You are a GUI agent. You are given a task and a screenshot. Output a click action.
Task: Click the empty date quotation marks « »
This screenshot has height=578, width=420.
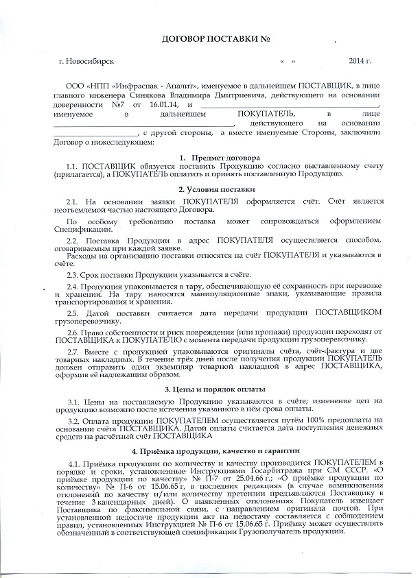click(288, 62)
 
